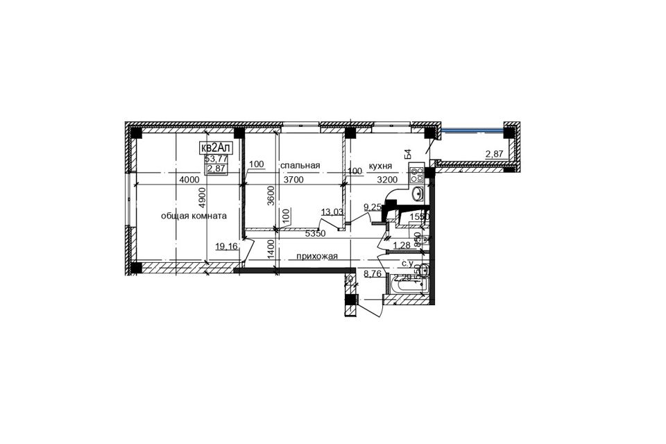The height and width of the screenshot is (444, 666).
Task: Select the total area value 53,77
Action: (x=215, y=159)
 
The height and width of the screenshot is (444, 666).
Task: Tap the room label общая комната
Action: (x=194, y=216)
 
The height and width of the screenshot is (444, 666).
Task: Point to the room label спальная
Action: (x=300, y=165)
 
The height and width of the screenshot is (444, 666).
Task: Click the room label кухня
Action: (x=381, y=166)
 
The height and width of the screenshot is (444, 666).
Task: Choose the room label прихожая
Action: (x=316, y=257)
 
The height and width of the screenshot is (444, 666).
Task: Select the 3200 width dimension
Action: (x=388, y=180)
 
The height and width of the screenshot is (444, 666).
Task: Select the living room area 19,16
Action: (x=225, y=246)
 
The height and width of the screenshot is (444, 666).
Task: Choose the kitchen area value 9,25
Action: (x=373, y=207)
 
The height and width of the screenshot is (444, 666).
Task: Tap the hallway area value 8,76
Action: (x=373, y=274)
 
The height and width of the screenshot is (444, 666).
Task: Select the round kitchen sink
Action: (x=418, y=194)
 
